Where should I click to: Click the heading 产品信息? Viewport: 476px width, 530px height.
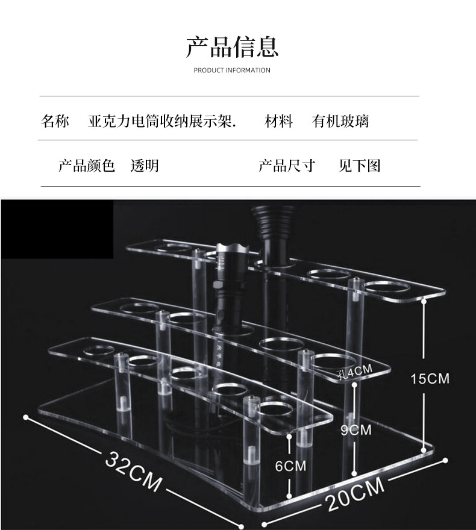[x=232, y=46]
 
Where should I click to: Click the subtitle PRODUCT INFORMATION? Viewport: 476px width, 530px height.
[x=232, y=70]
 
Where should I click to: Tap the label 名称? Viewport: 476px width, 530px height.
[x=55, y=122]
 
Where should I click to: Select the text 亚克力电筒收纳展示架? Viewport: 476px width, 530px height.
[x=162, y=122]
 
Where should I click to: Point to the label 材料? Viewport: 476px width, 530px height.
[x=279, y=122]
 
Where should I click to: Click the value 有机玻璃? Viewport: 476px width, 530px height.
[x=340, y=122]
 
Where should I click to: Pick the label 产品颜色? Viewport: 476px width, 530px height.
[x=86, y=166]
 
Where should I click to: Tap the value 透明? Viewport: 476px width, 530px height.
[x=145, y=166]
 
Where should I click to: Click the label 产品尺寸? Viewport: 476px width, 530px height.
[x=287, y=166]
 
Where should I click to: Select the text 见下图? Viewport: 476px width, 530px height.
[x=360, y=166]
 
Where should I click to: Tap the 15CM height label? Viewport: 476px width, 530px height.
[x=430, y=379]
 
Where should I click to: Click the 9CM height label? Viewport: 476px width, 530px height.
[x=356, y=430]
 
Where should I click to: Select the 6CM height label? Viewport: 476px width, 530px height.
[x=290, y=466]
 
